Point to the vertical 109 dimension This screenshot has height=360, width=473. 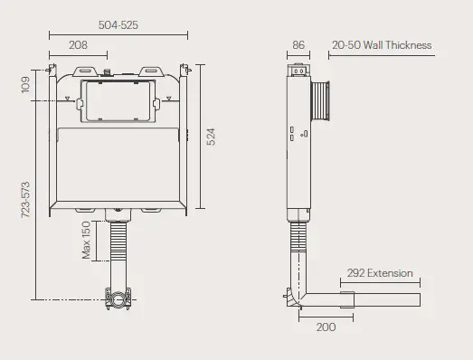[26, 86]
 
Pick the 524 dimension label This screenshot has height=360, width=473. [211, 137]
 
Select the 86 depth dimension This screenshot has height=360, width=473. [298, 45]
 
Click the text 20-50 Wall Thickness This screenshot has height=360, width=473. [381, 45]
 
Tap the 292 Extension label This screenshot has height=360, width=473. [380, 273]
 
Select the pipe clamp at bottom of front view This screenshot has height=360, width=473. [118, 295]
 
